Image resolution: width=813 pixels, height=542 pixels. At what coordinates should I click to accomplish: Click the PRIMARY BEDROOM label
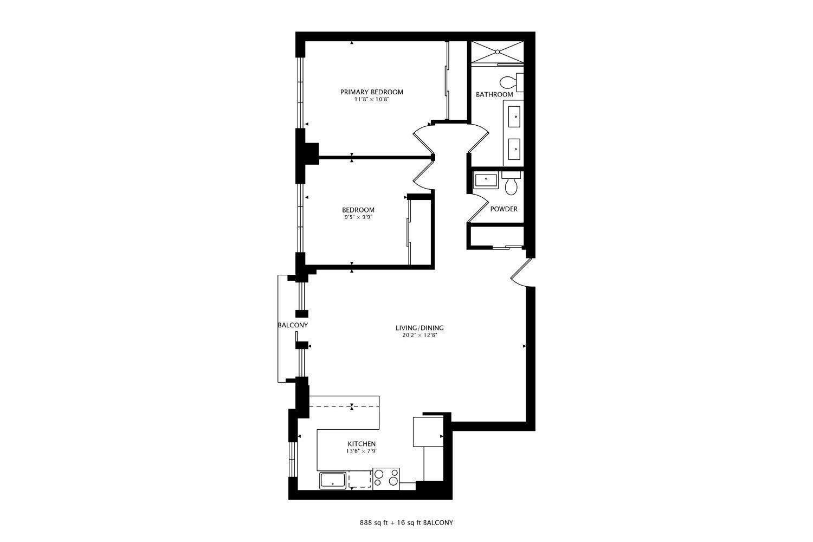pyautogui.click(x=371, y=92)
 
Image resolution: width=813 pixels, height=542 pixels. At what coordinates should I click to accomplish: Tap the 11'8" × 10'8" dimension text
pyautogui.click(x=372, y=100)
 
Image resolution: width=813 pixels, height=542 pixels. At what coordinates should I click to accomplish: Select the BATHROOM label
pyautogui.click(x=494, y=94)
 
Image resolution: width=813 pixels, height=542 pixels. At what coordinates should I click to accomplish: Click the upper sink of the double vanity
pyautogui.click(x=514, y=117)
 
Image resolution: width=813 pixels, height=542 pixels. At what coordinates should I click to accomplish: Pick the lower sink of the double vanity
pyautogui.click(x=514, y=149)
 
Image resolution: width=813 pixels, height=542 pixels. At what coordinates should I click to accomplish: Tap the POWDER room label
pyautogui.click(x=504, y=209)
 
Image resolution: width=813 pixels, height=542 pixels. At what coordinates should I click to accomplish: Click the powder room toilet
pyautogui.click(x=511, y=183)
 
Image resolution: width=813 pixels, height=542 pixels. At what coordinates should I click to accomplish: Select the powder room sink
pyautogui.click(x=486, y=182)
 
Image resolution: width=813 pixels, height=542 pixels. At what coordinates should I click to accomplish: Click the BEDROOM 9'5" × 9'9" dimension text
pyautogui.click(x=359, y=217)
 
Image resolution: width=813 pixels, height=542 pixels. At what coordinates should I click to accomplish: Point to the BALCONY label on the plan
pyautogui.click(x=293, y=325)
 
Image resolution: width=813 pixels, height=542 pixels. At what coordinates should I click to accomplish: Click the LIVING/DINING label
pyautogui.click(x=420, y=328)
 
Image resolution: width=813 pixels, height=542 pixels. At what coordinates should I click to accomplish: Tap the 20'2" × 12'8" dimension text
pyautogui.click(x=420, y=335)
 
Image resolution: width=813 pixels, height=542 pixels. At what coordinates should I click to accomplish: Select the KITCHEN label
pyautogui.click(x=362, y=444)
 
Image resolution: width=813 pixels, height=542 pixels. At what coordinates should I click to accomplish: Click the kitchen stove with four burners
pyautogui.click(x=386, y=479)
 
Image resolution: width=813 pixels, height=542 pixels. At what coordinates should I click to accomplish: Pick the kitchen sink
pyautogui.click(x=333, y=481)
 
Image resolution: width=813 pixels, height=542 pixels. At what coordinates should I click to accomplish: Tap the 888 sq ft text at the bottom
pyautogui.click(x=374, y=523)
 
